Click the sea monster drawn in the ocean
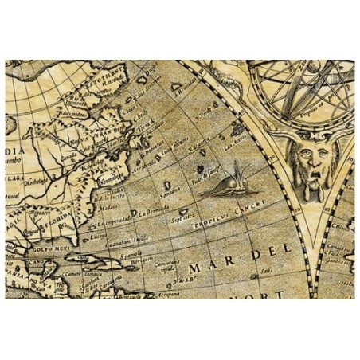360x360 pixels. [x=231, y=182]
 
